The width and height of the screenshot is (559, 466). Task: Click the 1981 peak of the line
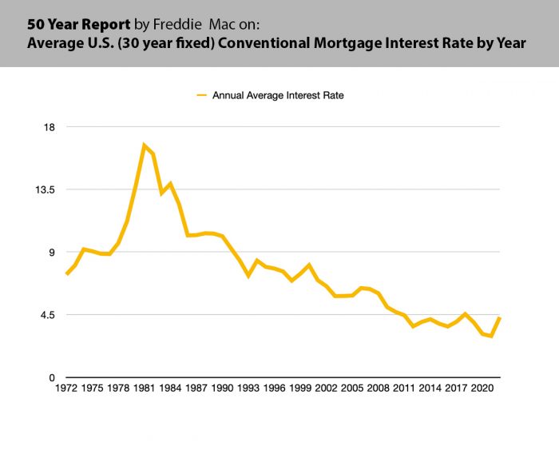pos(145,145)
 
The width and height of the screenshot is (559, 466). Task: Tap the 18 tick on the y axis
pos(49,127)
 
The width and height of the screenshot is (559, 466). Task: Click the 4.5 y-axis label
pos(46,314)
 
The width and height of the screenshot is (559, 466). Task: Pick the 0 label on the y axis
pos(51,377)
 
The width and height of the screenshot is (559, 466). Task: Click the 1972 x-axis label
pos(66,388)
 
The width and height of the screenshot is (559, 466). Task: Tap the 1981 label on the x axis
pos(145,388)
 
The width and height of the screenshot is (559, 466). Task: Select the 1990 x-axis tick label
pos(222,388)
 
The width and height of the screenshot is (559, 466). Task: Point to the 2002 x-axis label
pos(326,388)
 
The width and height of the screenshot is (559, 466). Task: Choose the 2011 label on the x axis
pos(404,388)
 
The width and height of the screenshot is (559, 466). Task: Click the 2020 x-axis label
pos(482,388)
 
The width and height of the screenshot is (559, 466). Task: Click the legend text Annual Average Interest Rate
pos(278,95)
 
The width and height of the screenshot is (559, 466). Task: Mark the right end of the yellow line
pos(500,318)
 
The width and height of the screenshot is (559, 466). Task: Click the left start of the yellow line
pos(66,274)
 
